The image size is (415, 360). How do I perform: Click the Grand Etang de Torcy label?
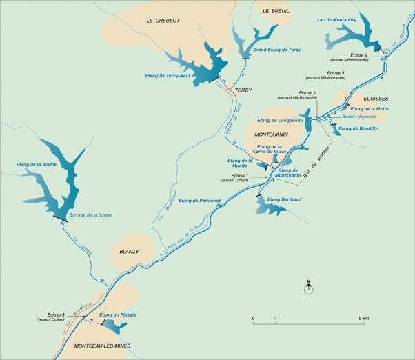pos(276,50)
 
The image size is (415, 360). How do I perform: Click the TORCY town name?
pos(243,90)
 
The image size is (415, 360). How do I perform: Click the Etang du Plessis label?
pos(118,314)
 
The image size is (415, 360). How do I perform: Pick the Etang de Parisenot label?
pos(200,201)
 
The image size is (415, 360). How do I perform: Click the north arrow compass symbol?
pos(309,288)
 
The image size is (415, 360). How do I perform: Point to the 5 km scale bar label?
pos(364,319)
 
